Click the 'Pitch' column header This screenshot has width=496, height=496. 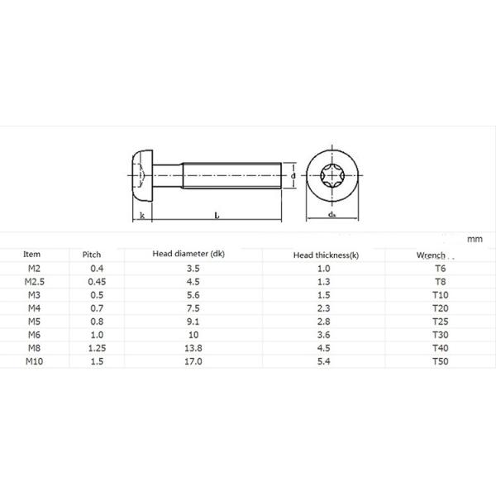tap(92, 255)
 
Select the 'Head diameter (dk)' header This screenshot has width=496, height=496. tap(188, 254)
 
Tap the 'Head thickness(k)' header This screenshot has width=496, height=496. tap(326, 255)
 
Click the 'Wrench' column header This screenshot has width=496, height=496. tap(431, 255)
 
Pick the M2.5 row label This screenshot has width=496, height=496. tap(35, 282)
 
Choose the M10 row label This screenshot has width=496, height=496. tap(34, 361)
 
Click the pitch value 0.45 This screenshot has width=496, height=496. tap(97, 282)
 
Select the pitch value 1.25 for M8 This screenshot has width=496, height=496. tap(97, 348)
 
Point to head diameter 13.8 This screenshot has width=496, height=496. tap(193, 348)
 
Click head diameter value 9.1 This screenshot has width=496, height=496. tap(193, 322)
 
